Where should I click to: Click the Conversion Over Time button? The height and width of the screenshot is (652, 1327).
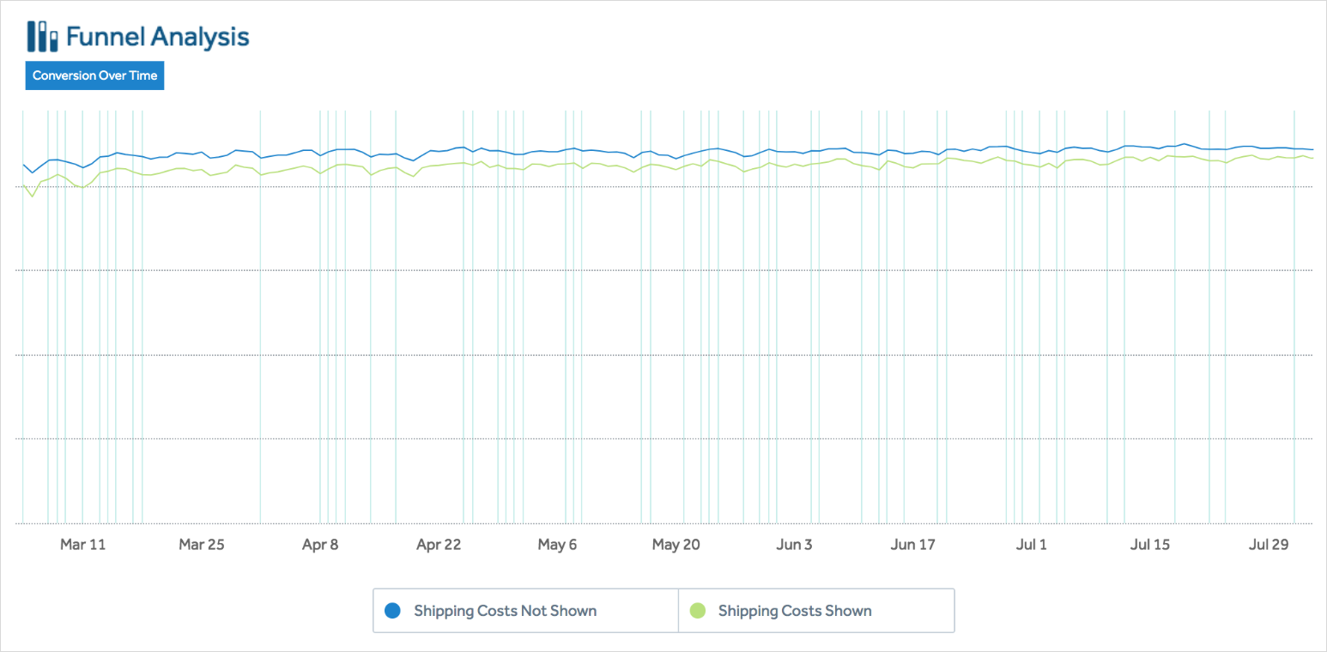tap(94, 75)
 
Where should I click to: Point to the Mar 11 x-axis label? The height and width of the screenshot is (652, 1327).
tap(83, 545)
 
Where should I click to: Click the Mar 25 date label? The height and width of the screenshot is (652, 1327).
tap(201, 545)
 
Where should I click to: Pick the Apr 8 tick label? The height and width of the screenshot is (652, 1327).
tap(320, 545)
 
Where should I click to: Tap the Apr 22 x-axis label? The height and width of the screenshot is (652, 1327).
tap(438, 545)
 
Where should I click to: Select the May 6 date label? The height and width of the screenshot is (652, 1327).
tap(557, 545)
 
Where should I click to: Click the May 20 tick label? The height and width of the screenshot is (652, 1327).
tap(676, 545)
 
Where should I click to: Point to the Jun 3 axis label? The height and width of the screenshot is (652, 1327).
tap(794, 545)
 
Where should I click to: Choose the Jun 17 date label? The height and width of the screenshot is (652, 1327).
tap(913, 545)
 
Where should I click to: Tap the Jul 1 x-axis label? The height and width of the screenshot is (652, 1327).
tap(1031, 545)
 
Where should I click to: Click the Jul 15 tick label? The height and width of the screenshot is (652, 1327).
tap(1150, 545)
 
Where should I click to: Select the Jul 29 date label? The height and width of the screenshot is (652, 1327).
tap(1269, 545)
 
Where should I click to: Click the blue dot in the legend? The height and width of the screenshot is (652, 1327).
tap(393, 611)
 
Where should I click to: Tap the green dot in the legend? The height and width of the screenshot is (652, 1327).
tap(698, 611)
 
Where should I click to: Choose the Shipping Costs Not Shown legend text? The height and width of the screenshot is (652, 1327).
tap(505, 611)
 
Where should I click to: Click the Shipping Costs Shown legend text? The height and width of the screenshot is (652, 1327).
tap(795, 611)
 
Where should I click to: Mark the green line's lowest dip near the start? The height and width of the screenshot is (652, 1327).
tap(33, 196)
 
